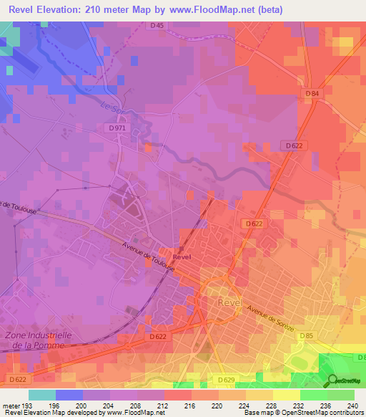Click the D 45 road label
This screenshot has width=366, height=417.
[x=157, y=26]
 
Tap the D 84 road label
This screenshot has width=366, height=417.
[x=311, y=94]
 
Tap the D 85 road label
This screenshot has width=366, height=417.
[x=307, y=335]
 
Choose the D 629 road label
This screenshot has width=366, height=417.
[x=226, y=379]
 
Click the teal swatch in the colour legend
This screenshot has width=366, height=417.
[x=42, y=395]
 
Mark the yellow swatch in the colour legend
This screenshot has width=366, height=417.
[x=287, y=395]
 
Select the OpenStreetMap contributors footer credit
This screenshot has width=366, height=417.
[x=315, y=413]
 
